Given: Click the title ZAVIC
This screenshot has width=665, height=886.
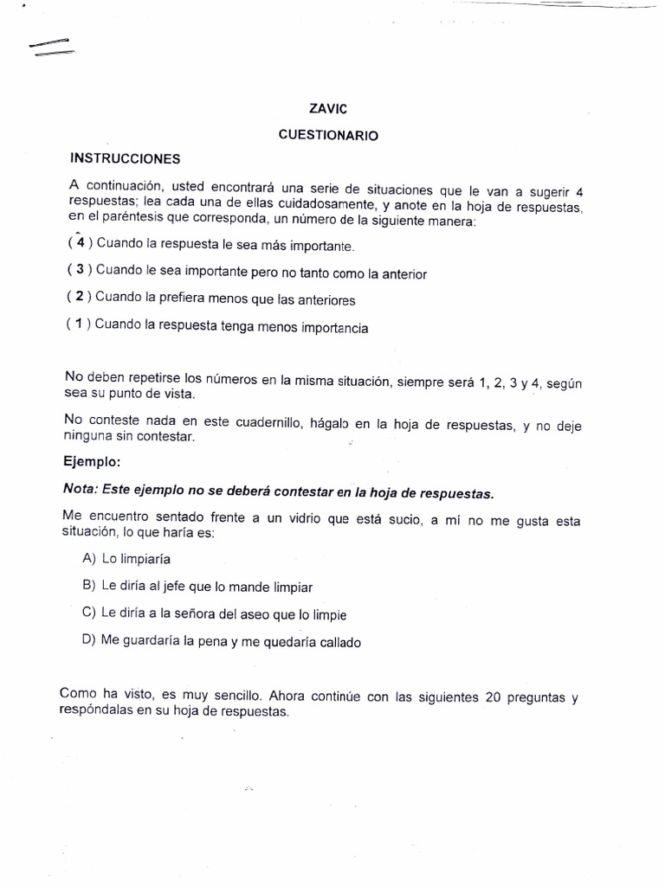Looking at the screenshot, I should tap(329, 110).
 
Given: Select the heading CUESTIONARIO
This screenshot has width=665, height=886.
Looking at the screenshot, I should tap(328, 136).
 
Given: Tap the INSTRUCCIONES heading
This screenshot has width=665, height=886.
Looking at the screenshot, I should tap(125, 159).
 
